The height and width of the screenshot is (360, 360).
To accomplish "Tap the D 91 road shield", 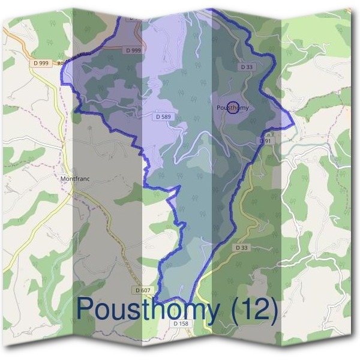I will click(x=266, y=140).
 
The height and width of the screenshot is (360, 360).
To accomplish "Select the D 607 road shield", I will click(x=143, y=290).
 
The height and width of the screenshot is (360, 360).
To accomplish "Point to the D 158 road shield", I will click(x=181, y=323).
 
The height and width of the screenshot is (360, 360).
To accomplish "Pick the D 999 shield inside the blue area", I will click(x=134, y=50).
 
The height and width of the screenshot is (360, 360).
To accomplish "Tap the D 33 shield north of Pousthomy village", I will click(x=247, y=67).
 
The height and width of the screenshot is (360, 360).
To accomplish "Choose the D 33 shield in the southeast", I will click(x=241, y=247).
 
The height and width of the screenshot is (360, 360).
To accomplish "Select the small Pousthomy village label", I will click(x=232, y=108).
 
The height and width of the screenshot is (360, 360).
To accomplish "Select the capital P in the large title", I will click(x=85, y=309).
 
